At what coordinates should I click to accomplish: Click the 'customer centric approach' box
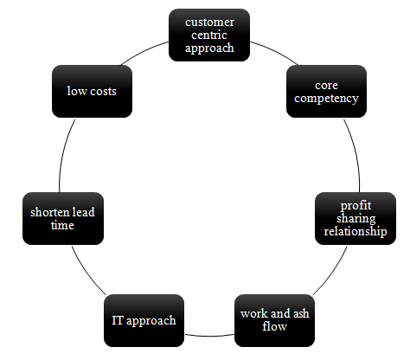click(x=209, y=35)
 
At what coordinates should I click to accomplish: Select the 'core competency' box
click(x=326, y=91)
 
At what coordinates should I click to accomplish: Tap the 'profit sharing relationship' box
click(x=356, y=218)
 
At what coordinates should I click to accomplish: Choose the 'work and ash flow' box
click(x=274, y=320)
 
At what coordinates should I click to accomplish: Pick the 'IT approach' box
click(x=144, y=320)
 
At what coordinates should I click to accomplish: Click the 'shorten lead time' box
click(x=63, y=218)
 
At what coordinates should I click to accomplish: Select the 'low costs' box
click(x=92, y=91)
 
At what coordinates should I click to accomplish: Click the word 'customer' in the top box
click(x=209, y=22)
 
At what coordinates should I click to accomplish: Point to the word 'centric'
click(x=209, y=35)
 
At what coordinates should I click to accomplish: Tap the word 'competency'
click(x=326, y=99)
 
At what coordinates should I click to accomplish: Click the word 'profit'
click(x=356, y=206)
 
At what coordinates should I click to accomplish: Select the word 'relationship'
click(x=356, y=231)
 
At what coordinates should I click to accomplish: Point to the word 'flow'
click(x=274, y=326)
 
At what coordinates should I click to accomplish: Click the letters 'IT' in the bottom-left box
click(x=118, y=320)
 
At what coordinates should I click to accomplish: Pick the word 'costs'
click(x=103, y=92)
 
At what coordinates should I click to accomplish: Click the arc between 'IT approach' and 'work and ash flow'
click(x=209, y=336)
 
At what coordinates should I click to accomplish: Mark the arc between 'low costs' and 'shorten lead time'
click(x=63, y=154)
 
